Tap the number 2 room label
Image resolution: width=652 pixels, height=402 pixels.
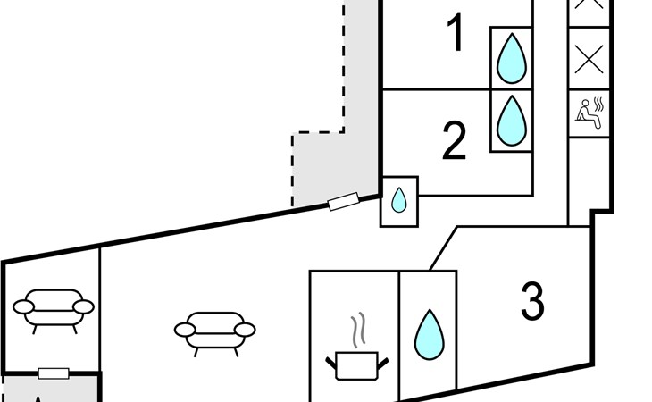[455, 141]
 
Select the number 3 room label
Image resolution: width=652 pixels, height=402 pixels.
[532, 301]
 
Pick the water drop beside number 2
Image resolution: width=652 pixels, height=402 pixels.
[511, 120]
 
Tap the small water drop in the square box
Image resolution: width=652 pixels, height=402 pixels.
[399, 201]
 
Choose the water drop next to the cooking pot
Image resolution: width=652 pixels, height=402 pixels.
[429, 334]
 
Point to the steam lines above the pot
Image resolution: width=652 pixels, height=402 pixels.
[359, 331]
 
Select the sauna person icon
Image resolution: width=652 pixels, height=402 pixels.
[589, 113]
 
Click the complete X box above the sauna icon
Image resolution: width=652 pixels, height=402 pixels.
[589, 59]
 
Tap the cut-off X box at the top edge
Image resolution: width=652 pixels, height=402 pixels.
[589, 5]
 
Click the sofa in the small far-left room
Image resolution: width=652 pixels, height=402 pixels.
[54, 309]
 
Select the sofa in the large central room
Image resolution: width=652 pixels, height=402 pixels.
[214, 331]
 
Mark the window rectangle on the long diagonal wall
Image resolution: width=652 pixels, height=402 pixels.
[343, 202]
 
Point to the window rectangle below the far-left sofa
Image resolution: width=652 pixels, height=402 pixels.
[54, 373]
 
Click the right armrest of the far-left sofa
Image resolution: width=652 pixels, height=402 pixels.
[83, 307]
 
